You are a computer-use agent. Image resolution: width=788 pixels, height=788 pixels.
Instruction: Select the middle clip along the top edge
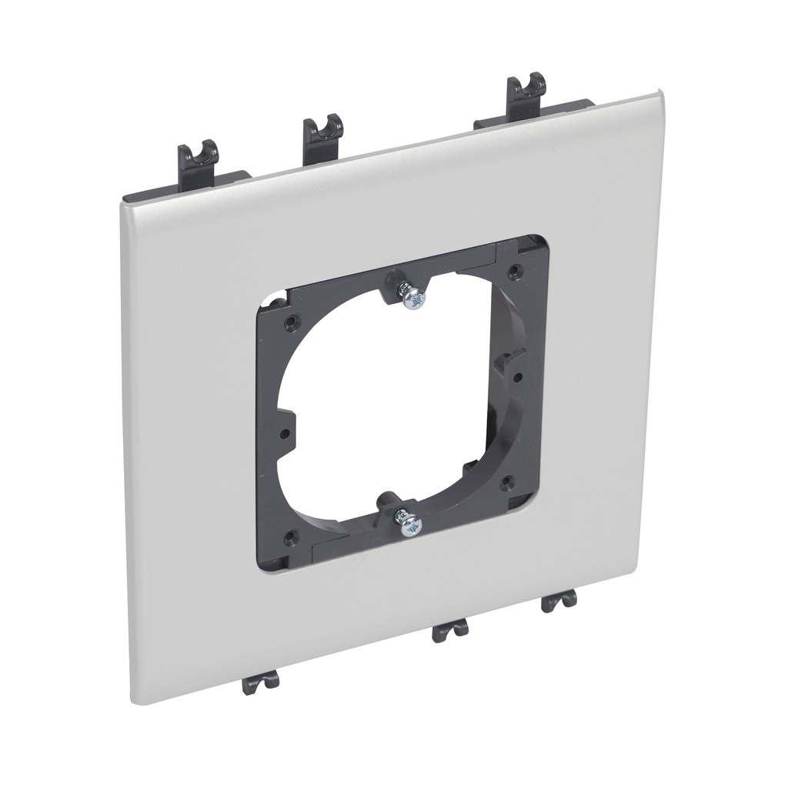322,135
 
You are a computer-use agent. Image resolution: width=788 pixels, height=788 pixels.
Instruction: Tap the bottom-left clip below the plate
262,681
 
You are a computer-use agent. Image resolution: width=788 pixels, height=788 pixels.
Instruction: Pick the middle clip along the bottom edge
451,630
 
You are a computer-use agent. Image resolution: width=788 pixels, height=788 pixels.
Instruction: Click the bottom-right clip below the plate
559,601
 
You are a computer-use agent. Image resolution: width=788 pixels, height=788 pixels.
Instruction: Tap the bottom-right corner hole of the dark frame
507,483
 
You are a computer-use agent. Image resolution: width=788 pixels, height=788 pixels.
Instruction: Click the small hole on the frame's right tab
519,376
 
